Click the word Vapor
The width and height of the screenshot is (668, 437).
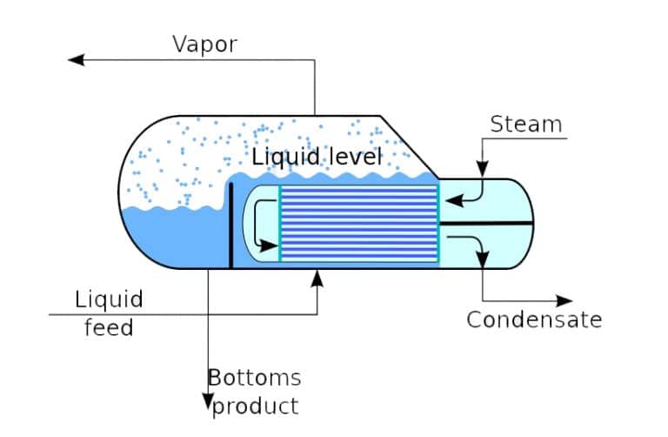point(205,44)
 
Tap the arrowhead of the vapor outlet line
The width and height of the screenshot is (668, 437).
point(77,59)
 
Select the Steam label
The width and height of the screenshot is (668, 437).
point(526,124)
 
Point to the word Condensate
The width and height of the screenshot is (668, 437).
point(533,319)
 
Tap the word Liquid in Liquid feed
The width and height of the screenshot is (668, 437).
point(109,301)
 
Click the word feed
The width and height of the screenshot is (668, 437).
point(108,328)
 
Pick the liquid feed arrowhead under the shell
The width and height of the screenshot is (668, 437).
point(317,277)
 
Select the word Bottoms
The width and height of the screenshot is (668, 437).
point(254,377)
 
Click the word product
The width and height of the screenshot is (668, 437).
point(256,405)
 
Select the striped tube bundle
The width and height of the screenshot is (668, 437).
point(358,223)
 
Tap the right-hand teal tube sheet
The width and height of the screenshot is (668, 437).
point(438,223)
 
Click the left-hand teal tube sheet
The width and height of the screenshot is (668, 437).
point(280,223)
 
